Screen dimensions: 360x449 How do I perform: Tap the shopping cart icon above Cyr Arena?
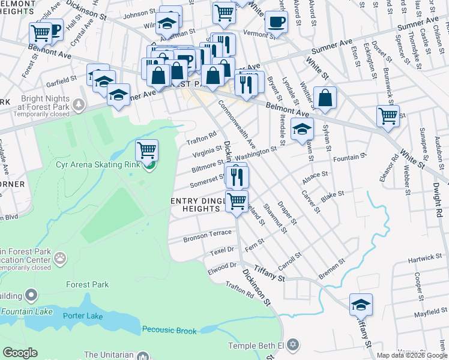click(x=146, y=149)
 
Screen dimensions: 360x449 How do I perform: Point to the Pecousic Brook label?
click(x=169, y=330)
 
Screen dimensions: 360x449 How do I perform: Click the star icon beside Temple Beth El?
click(x=292, y=345)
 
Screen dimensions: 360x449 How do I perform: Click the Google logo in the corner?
click(x=20, y=353)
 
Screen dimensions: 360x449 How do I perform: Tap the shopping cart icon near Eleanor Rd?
click(x=388, y=115)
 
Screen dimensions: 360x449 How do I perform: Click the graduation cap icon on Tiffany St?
click(x=361, y=305)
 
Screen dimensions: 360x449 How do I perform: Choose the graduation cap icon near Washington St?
click(x=302, y=129)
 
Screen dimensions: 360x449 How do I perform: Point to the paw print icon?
click(x=60, y=258)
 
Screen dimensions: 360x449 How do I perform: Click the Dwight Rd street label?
click(x=439, y=204)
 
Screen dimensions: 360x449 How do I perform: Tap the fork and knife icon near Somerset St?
click(x=238, y=176)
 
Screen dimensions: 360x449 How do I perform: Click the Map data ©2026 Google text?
click(x=412, y=355)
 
